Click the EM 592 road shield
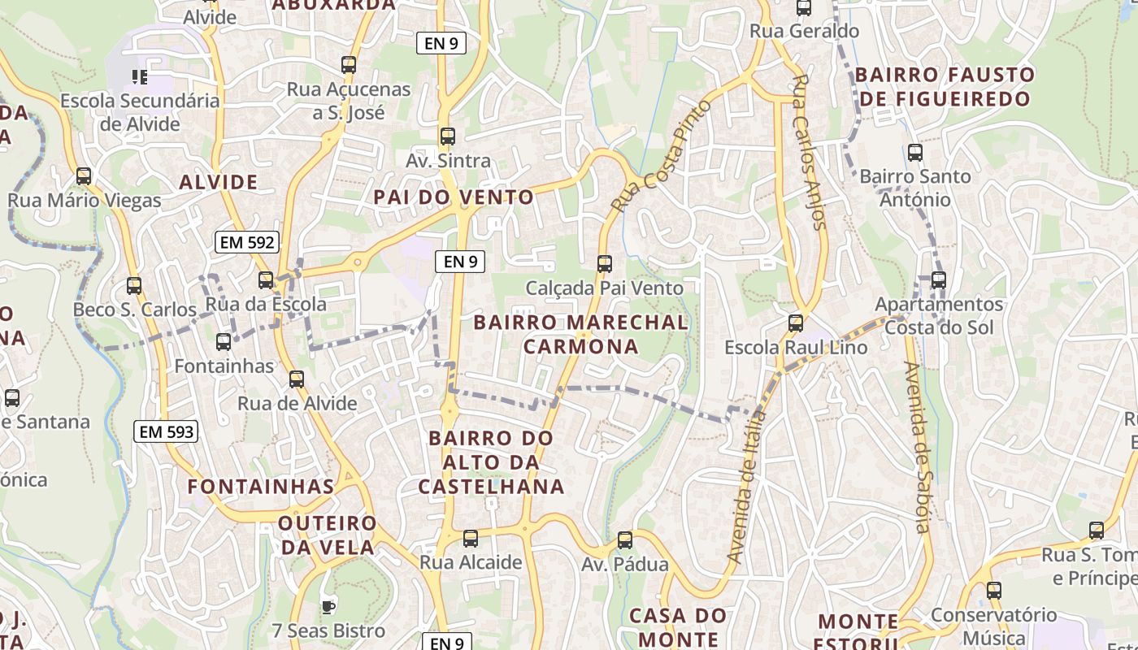247,242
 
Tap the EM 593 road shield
167,432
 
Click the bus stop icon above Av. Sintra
447,136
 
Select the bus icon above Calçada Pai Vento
604,264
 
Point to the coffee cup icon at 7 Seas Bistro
328,607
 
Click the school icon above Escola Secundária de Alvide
140,77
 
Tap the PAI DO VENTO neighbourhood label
454,197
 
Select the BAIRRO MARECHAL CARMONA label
580,334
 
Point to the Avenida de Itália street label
747,487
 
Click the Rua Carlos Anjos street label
809,152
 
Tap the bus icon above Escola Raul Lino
796,323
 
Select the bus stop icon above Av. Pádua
624,540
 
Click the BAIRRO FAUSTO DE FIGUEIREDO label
945,87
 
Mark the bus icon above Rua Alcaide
470,539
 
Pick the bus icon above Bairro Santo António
915,153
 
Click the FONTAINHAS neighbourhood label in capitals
260,487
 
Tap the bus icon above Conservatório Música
993,591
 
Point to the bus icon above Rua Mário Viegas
83,176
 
